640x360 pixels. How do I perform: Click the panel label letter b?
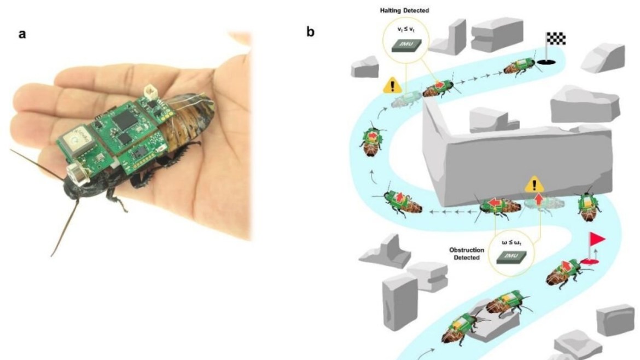coord(310,32)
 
